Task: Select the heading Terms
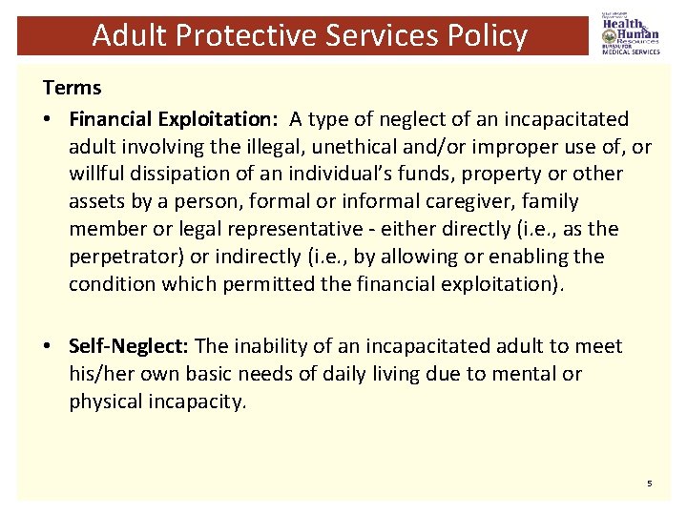click(72, 88)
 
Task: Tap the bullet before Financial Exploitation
click(49, 119)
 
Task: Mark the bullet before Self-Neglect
click(49, 346)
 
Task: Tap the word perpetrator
click(125, 257)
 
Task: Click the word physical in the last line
click(104, 402)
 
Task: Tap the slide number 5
click(649, 484)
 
